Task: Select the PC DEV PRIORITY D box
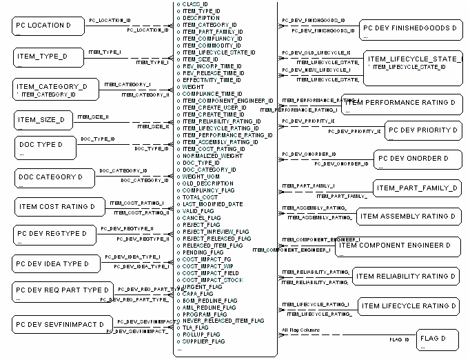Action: (422, 130)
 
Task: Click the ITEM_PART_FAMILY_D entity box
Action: (418, 188)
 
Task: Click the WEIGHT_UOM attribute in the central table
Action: (202, 177)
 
